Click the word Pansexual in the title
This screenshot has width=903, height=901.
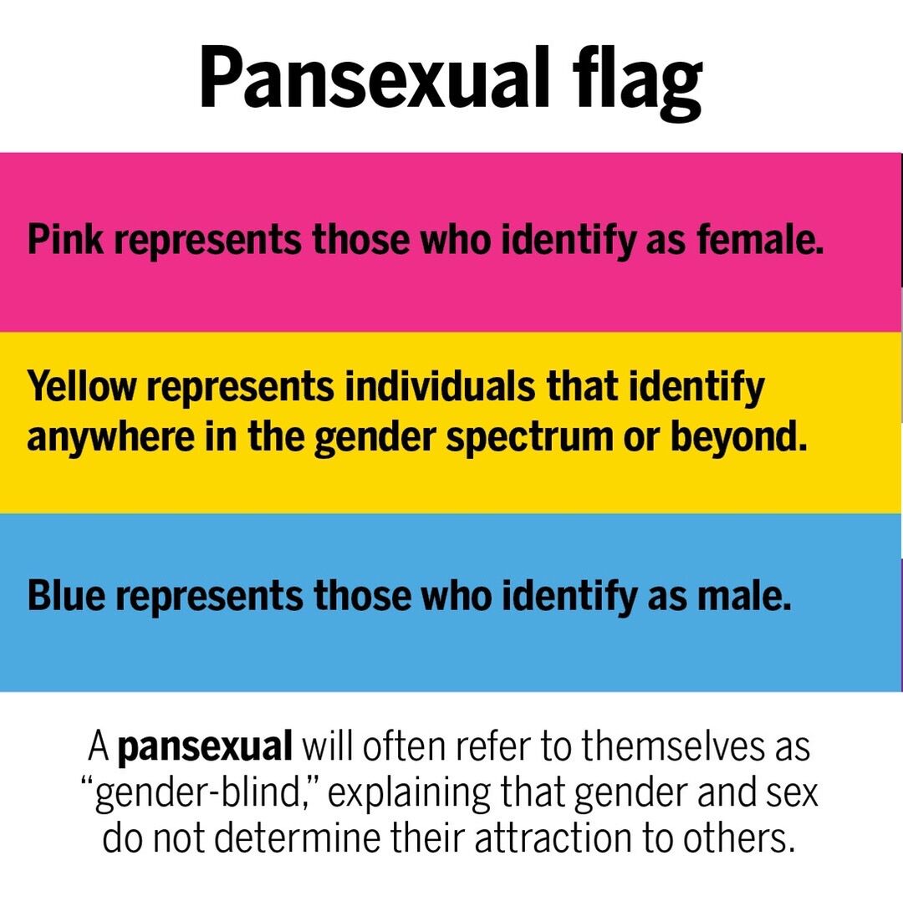coord(375,78)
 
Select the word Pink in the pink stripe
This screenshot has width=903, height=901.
coord(66,239)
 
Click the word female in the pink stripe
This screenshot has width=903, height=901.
coord(759,239)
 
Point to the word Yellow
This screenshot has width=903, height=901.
coord(82,387)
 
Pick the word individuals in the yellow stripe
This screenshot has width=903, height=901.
coord(440,386)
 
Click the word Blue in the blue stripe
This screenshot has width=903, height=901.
coord(67,595)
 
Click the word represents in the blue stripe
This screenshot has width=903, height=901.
coord(209,597)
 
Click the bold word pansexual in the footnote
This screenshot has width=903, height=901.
coord(205,747)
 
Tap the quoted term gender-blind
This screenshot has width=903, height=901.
coord(204,793)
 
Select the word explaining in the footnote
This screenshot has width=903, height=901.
coord(408,793)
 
